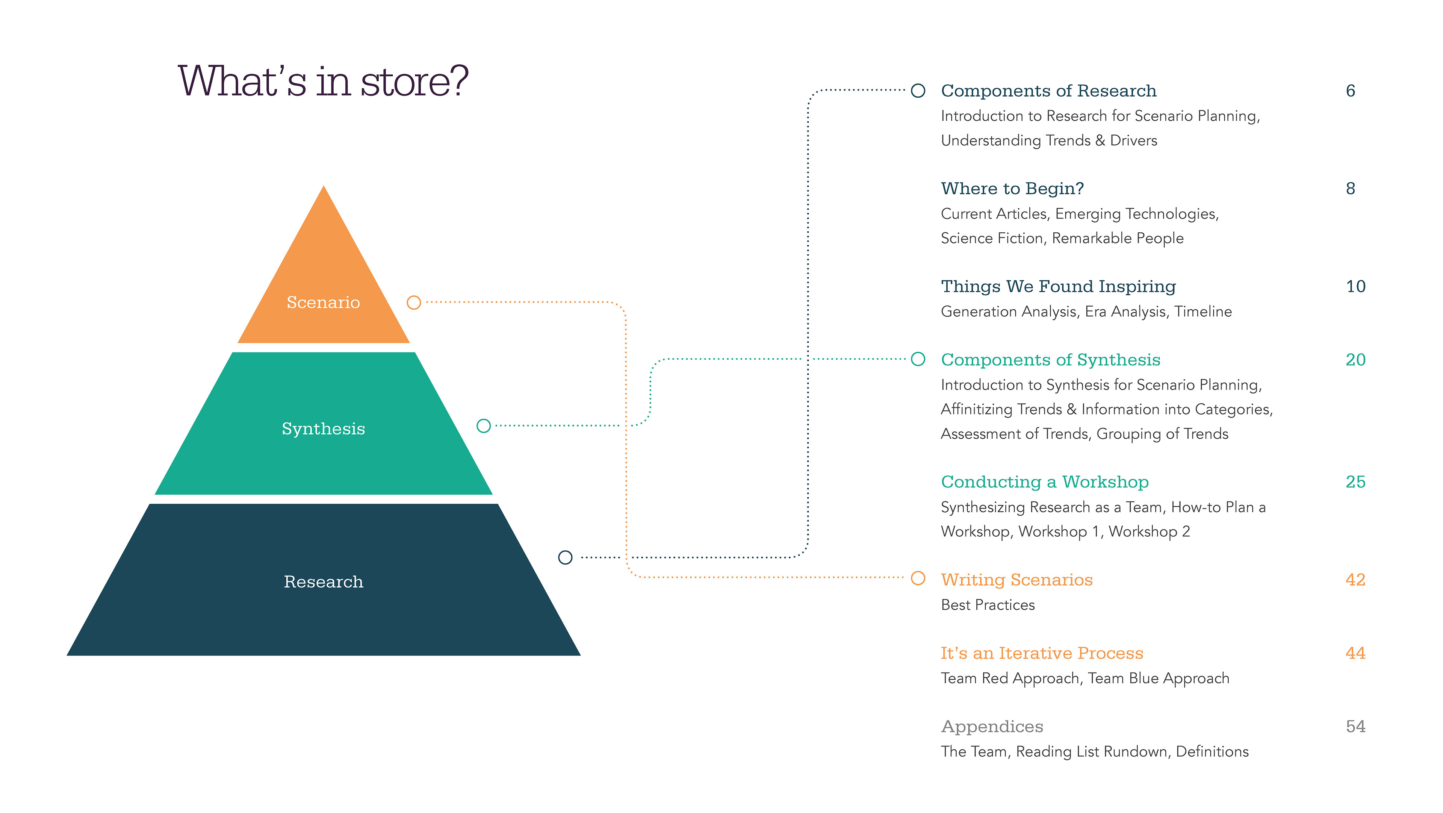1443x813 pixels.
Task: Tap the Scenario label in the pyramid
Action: click(x=323, y=303)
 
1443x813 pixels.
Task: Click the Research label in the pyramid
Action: click(x=323, y=582)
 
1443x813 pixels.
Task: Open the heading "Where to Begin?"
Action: click(x=1012, y=189)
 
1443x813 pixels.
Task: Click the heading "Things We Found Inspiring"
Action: click(x=1058, y=286)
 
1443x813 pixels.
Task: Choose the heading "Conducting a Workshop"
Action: click(x=1045, y=482)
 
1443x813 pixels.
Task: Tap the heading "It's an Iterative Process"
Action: click(x=1042, y=653)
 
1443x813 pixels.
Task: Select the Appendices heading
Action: click(x=992, y=727)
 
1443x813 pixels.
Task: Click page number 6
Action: click(x=1351, y=91)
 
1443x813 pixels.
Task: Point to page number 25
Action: click(x=1355, y=482)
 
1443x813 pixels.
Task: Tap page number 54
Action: click(x=1355, y=727)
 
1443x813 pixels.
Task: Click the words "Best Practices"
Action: click(x=988, y=605)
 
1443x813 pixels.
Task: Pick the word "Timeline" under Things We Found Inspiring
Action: click(x=1203, y=312)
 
